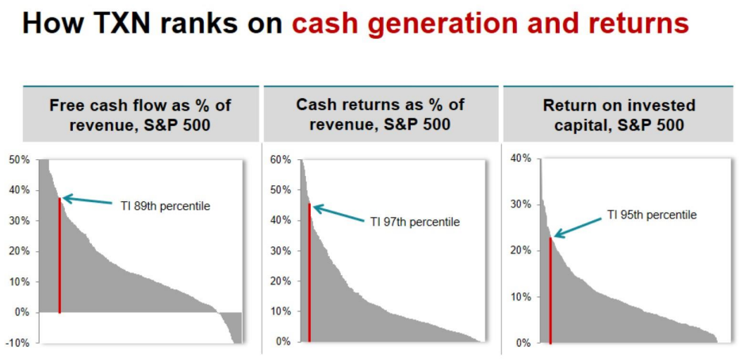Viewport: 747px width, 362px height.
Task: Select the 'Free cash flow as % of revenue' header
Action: (140, 115)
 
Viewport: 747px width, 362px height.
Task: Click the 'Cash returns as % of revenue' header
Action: (380, 115)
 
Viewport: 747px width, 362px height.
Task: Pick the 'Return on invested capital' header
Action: (619, 115)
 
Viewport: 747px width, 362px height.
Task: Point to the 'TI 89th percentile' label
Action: (165, 206)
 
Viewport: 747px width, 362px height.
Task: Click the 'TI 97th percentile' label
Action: (415, 222)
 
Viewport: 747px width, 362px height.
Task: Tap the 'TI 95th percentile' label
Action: (652, 215)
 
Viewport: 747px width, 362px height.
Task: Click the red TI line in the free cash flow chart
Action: (59, 255)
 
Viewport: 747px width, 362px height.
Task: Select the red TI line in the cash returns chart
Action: (309, 272)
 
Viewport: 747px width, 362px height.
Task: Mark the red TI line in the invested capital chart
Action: (550, 291)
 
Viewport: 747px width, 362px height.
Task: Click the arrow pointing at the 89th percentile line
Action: (88, 200)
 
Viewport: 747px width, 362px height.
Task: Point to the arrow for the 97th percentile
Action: (339, 214)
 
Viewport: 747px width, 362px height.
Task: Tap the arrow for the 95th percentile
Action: (578, 227)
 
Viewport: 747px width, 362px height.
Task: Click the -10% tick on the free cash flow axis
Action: (19, 343)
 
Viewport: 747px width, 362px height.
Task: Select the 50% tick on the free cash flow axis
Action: (19, 160)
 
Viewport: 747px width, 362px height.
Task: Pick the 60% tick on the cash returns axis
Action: (280, 160)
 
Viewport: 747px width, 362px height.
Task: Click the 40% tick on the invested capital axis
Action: (520, 158)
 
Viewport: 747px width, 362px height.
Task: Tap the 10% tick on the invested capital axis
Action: (520, 297)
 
